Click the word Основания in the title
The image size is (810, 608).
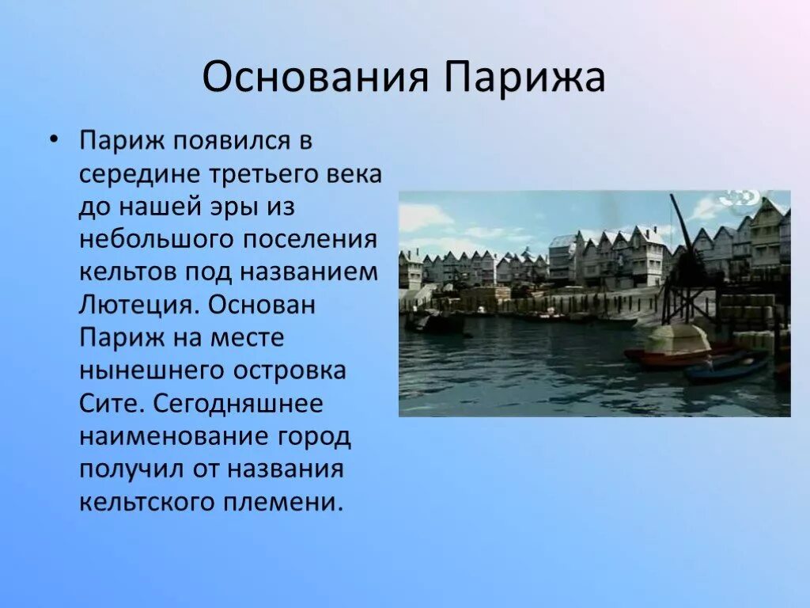pyautogui.click(x=315, y=77)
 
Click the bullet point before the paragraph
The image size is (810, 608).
pyautogui.click(x=53, y=140)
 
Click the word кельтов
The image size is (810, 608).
pyautogui.click(x=128, y=272)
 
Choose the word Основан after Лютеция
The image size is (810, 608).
pyautogui.click(x=262, y=305)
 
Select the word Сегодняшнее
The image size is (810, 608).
pyautogui.click(x=238, y=404)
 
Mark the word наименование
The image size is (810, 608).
pyautogui.click(x=175, y=437)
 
